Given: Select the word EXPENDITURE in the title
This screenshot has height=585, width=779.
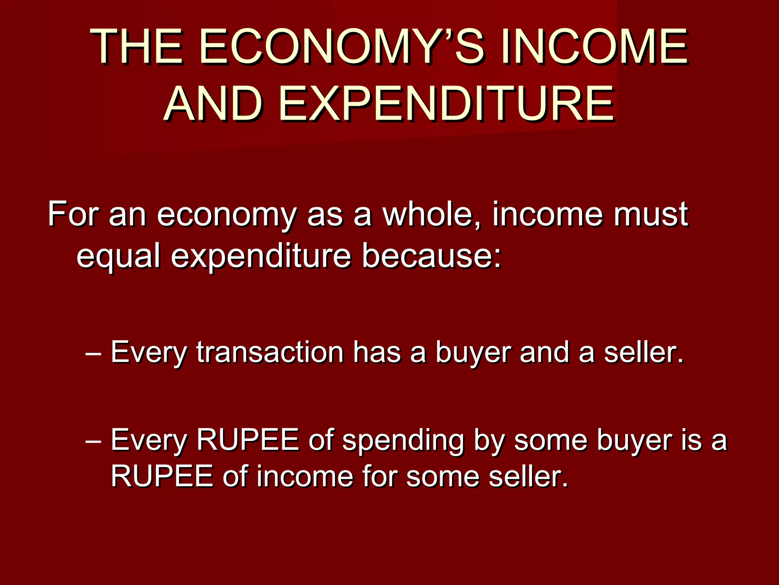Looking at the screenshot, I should point(447,104).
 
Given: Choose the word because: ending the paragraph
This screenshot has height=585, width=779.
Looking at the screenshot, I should point(432,256).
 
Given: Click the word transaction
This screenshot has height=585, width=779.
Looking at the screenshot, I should point(270,352).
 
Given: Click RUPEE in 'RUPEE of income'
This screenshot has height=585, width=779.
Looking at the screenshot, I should point(162,476).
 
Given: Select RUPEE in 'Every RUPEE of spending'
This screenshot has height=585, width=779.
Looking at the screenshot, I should point(248,440).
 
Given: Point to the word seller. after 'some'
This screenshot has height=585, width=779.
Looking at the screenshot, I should point(528,476).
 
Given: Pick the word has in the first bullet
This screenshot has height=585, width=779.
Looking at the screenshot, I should point(377,352).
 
